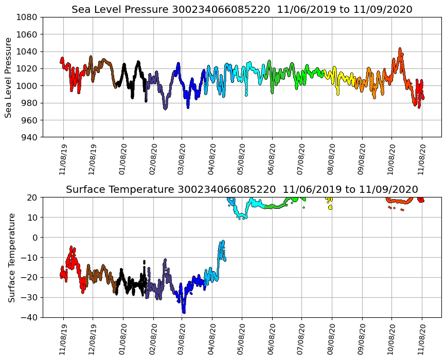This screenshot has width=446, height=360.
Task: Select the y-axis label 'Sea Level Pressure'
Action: pyautogui.click(x=9, y=77)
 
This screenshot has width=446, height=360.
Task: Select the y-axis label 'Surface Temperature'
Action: pyautogui.click(x=11, y=257)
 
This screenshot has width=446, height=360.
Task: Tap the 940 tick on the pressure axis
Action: pyautogui.click(x=30, y=137)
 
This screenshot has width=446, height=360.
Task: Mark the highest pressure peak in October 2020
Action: pyautogui.click(x=400, y=49)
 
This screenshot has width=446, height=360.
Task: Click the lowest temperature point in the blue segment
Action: pyautogui.click(x=184, y=312)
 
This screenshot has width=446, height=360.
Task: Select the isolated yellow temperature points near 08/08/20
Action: pyautogui.click(x=330, y=207)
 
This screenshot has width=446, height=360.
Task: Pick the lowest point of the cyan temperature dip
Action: pyautogui.click(x=240, y=218)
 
